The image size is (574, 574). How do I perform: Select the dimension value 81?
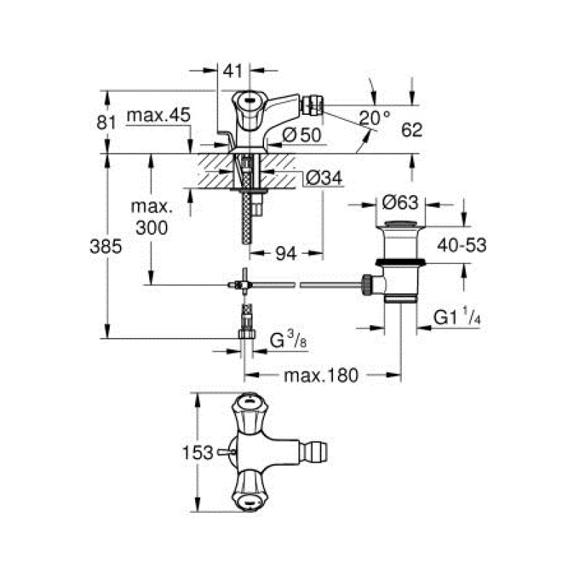pyautogui.click(x=106, y=123)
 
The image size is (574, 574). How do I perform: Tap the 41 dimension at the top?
pyautogui.click(x=232, y=70)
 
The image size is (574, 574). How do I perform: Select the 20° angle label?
pyautogui.click(x=376, y=118)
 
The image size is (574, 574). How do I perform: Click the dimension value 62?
pyautogui.click(x=412, y=129)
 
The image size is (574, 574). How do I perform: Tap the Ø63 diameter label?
pyautogui.click(x=399, y=200)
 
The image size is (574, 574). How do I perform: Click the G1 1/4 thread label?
pyautogui.click(x=456, y=316)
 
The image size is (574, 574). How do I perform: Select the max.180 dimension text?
pyautogui.click(x=321, y=375)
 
